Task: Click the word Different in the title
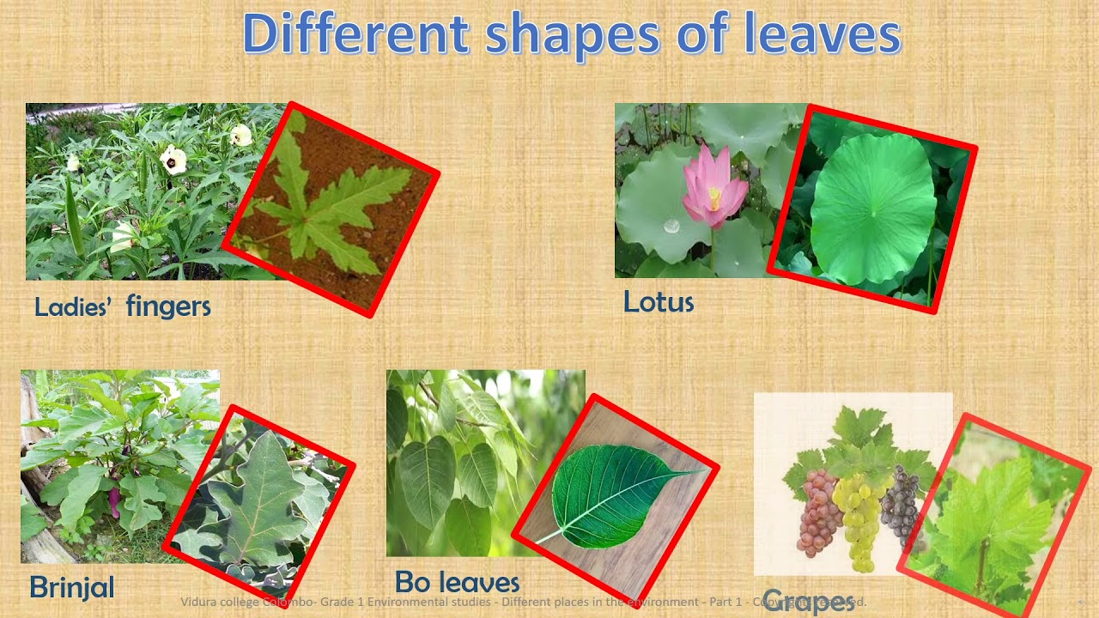pyautogui.click(x=355, y=34)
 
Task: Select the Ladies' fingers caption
pyautogui.click(x=122, y=306)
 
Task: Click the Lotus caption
pyautogui.click(x=658, y=302)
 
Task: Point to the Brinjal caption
pyautogui.click(x=72, y=587)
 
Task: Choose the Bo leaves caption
pyautogui.click(x=457, y=583)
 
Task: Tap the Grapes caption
pyautogui.click(x=807, y=600)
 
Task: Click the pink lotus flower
pyautogui.click(x=712, y=189)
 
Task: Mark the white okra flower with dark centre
pyautogui.click(x=173, y=159)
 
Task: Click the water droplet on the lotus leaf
pyautogui.click(x=671, y=227)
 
